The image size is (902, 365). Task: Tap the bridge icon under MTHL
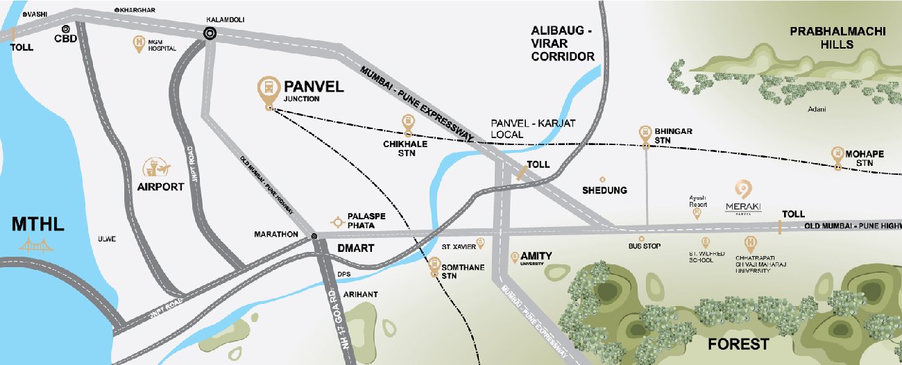(x=37, y=244)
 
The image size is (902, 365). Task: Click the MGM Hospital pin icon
(x=139, y=43)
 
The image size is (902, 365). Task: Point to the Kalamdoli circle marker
(x=209, y=33)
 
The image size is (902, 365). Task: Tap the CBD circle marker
(x=65, y=29)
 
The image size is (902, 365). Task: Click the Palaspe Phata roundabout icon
(x=337, y=221)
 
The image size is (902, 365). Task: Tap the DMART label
(x=355, y=248)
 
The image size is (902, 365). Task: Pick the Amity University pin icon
(x=514, y=257)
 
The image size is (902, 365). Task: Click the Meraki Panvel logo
(x=743, y=198)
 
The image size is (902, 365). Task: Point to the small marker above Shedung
(x=602, y=179)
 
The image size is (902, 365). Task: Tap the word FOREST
(x=738, y=344)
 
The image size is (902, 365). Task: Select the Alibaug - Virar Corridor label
(x=563, y=44)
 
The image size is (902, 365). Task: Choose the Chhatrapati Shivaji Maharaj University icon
(x=749, y=244)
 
